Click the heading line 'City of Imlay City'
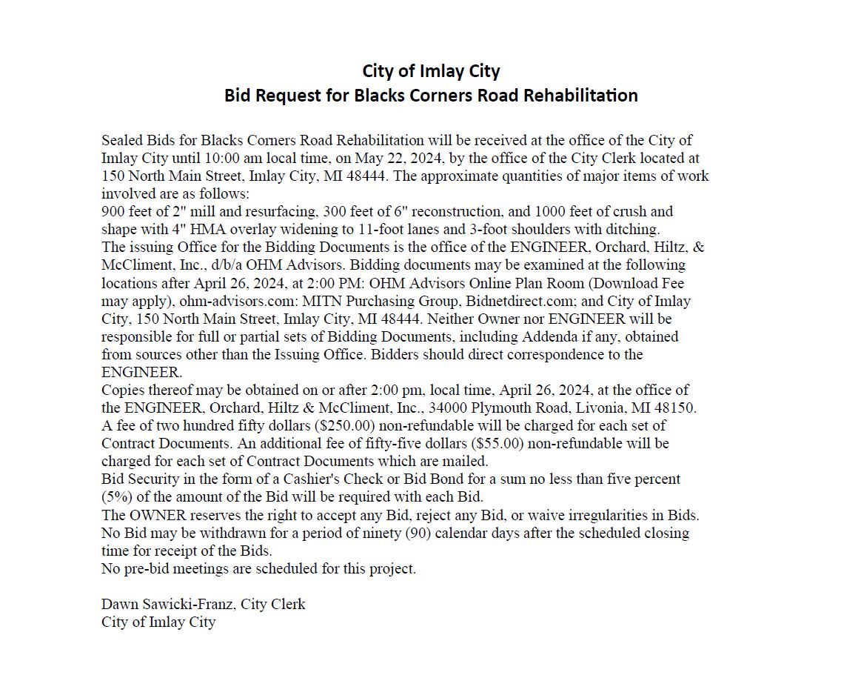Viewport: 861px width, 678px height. tap(431, 71)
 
